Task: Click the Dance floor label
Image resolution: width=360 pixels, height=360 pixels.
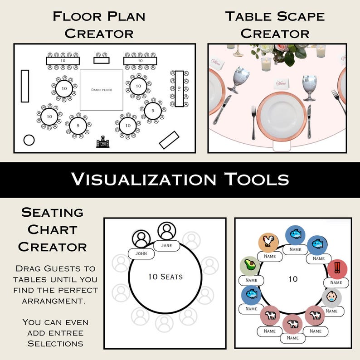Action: pyautogui.click(x=101, y=90)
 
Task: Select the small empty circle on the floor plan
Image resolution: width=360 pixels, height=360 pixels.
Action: pyautogui.click(x=29, y=140)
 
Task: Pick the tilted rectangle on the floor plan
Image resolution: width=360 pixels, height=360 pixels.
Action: pyautogui.click(x=169, y=140)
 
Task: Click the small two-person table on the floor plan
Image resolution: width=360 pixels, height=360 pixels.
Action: pyautogui.click(x=101, y=60)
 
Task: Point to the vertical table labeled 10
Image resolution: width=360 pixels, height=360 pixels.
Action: pyautogui.click(x=180, y=89)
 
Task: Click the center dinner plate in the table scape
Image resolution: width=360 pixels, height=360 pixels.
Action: pyautogui.click(x=281, y=116)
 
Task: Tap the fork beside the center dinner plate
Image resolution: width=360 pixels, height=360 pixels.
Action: pyautogui.click(x=253, y=122)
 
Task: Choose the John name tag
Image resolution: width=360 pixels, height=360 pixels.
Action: pyautogui.click(x=141, y=253)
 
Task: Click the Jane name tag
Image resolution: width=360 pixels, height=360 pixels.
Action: pyautogui.click(x=166, y=246)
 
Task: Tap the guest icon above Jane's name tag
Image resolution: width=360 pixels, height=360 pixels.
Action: pyautogui.click(x=167, y=231)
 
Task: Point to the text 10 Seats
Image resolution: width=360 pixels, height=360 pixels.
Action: pyautogui.click(x=165, y=276)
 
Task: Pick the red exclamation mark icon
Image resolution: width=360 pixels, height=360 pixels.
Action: pyautogui.click(x=337, y=269)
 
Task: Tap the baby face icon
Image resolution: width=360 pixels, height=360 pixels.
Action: pyautogui.click(x=331, y=297)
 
